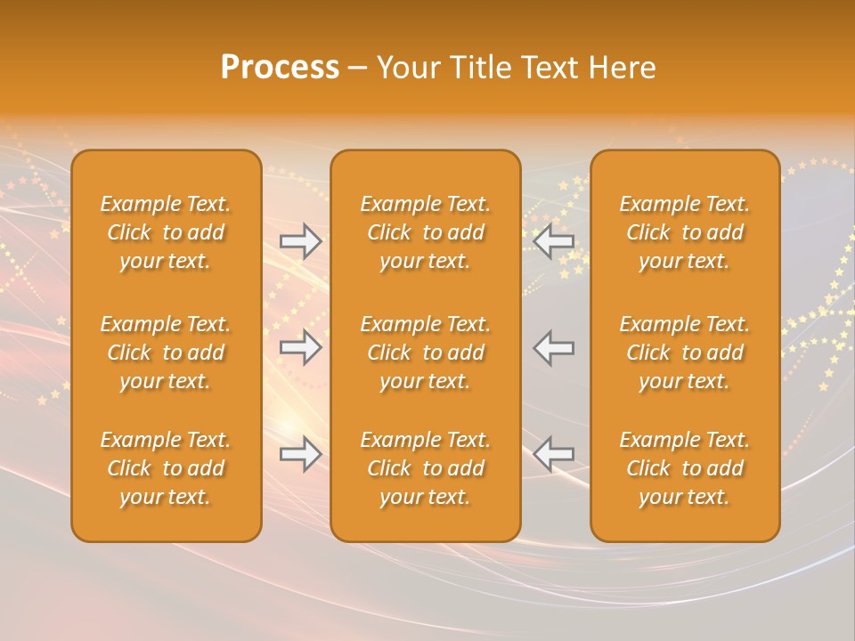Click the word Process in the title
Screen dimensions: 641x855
tap(280, 68)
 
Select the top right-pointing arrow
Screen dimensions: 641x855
tap(301, 241)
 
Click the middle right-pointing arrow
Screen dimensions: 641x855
tap(301, 347)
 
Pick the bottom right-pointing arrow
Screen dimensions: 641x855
tap(301, 454)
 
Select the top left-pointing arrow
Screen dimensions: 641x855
tap(554, 241)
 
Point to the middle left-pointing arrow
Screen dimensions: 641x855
tap(554, 347)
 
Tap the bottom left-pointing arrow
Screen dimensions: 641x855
tap(554, 454)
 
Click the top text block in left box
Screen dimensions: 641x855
tap(166, 232)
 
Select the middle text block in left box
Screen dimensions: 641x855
tap(166, 353)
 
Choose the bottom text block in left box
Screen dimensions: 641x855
tap(166, 468)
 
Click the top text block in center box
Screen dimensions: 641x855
tap(425, 232)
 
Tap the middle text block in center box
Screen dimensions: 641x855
tap(425, 353)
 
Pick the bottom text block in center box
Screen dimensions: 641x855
tap(425, 468)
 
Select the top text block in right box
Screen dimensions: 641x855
tap(685, 232)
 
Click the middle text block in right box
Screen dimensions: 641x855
tap(685, 353)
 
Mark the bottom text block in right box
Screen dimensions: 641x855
tap(685, 468)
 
